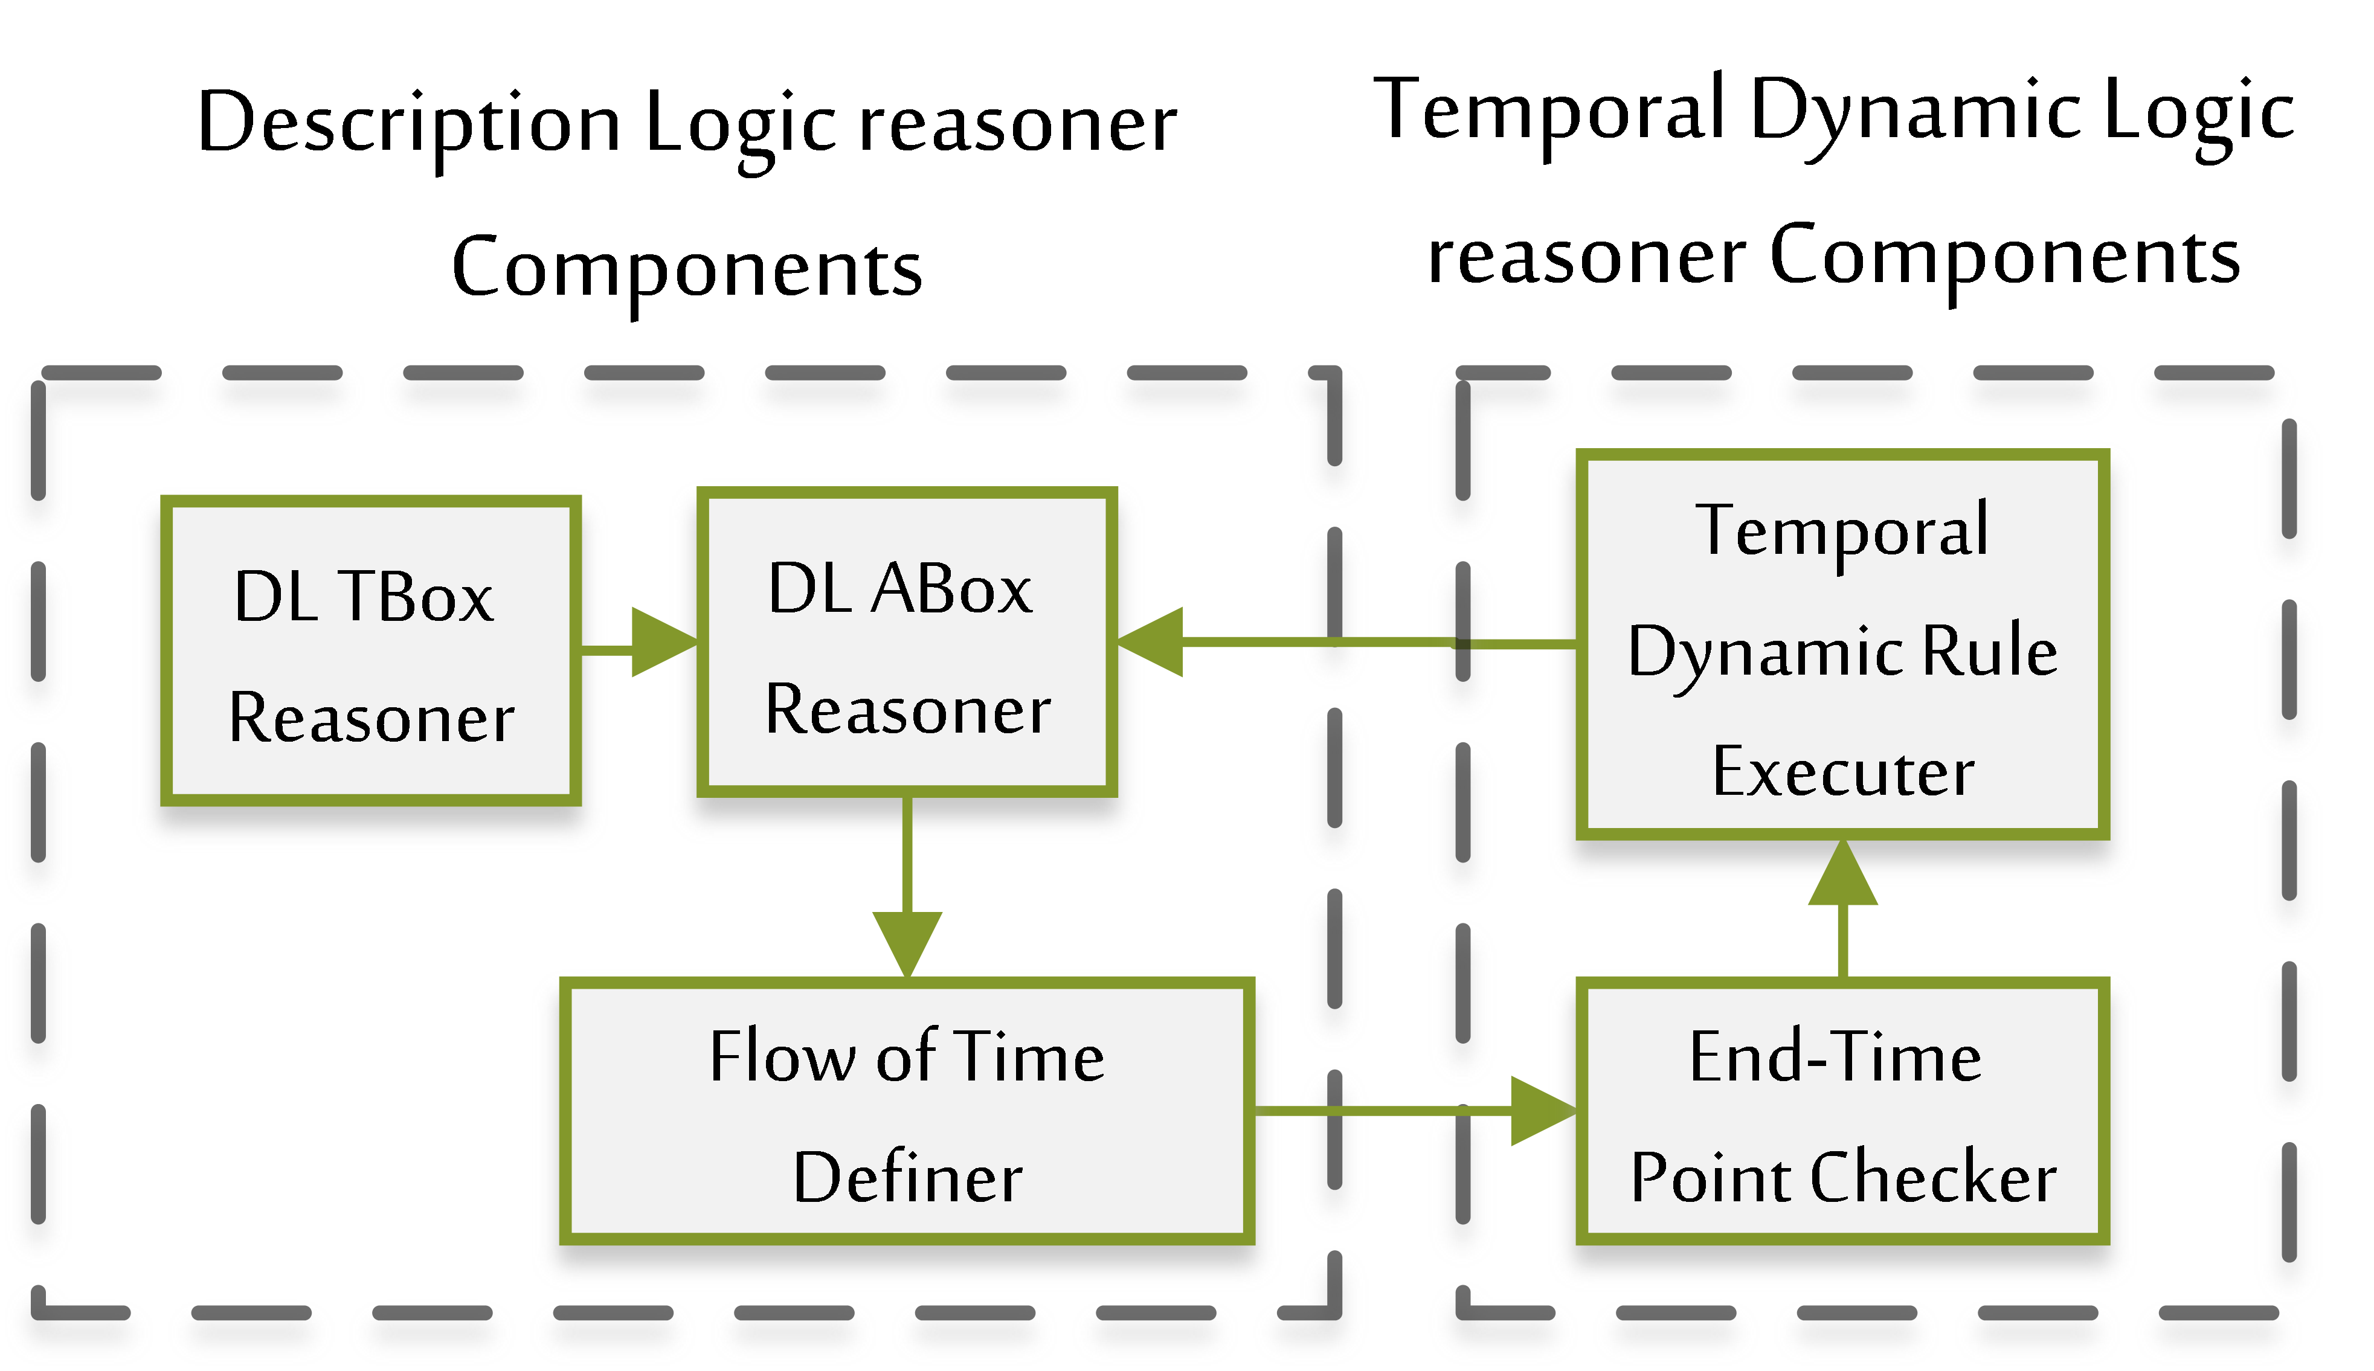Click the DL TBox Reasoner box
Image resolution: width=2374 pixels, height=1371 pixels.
tap(370, 650)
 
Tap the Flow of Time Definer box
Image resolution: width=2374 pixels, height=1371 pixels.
tap(906, 1111)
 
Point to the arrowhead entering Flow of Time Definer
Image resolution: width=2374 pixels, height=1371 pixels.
tap(906, 942)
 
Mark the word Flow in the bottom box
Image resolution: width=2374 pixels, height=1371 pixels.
tap(782, 1056)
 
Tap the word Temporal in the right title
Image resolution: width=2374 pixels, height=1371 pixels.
tap(1549, 111)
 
